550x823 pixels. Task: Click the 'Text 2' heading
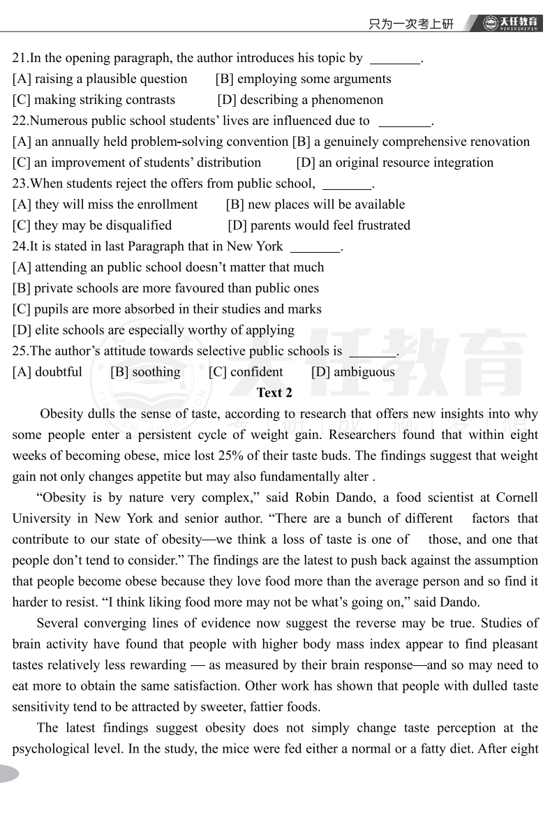tap(274, 392)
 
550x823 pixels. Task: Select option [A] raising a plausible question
tap(100, 79)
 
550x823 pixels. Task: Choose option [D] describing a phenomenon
tap(300, 100)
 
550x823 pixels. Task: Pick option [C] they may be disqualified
tap(92, 225)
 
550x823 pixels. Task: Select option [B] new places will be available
tap(315, 205)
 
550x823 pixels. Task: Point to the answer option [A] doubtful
tap(47, 372)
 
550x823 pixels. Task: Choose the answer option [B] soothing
tap(145, 372)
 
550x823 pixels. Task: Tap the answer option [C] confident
tap(246, 372)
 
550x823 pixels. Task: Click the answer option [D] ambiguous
tap(353, 372)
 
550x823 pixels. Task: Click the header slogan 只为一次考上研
tap(410, 24)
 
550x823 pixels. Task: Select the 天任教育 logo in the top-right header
tap(512, 23)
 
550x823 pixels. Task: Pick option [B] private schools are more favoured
tap(165, 288)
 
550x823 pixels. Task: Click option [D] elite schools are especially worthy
tap(154, 330)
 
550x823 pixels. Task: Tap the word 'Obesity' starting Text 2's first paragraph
tap(61, 414)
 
